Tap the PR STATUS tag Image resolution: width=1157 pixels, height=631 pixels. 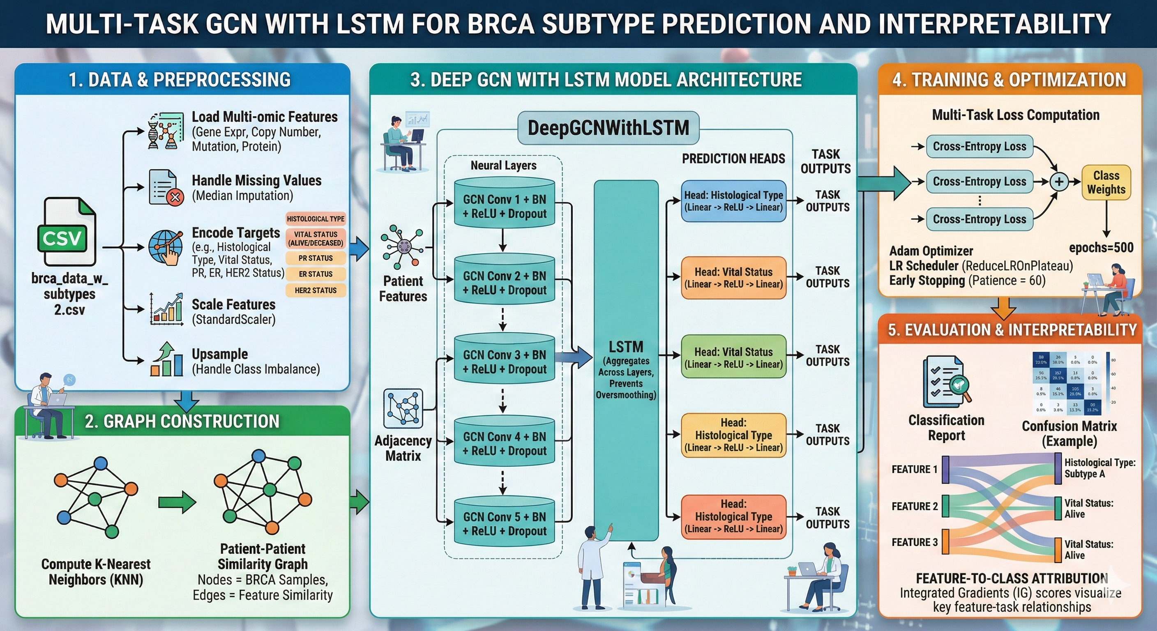click(x=315, y=258)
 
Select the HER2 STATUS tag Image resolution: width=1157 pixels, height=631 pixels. click(x=315, y=290)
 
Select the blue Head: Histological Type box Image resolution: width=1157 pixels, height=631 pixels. click(x=733, y=201)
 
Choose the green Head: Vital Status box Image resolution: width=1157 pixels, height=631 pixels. click(x=733, y=358)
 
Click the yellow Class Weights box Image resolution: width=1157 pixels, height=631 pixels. click(x=1106, y=182)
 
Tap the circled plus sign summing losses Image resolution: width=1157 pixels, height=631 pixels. click(x=1059, y=182)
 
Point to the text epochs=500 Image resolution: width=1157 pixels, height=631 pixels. click(x=1101, y=247)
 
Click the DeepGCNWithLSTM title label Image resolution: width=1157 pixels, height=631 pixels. click(x=608, y=128)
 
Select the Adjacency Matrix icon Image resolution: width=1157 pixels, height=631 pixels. click(x=403, y=408)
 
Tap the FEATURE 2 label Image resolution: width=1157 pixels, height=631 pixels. click(x=915, y=507)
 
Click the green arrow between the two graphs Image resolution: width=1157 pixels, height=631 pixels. click(x=177, y=502)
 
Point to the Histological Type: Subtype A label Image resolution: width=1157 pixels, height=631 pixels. click(x=1099, y=468)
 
